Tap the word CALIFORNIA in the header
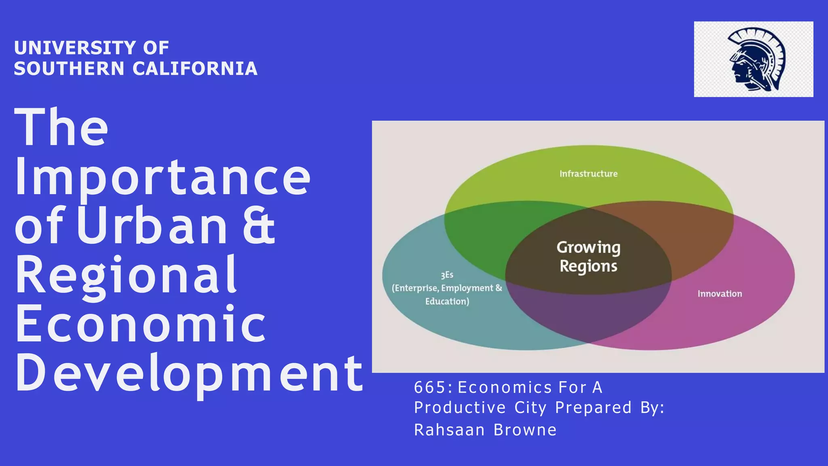pos(195,68)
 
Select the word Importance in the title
pos(163,178)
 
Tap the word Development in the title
pos(189,373)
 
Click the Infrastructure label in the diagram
pos(588,174)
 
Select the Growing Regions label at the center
pos(588,257)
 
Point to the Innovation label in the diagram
pos(720,294)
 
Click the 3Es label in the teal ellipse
pos(447,275)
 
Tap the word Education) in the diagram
pos(447,301)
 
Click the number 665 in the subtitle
pos(431,388)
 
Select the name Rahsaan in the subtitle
pos(449,430)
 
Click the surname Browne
pos(525,430)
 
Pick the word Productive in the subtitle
pos(460,407)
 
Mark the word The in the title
pos(61,128)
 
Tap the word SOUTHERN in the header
pos(69,68)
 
